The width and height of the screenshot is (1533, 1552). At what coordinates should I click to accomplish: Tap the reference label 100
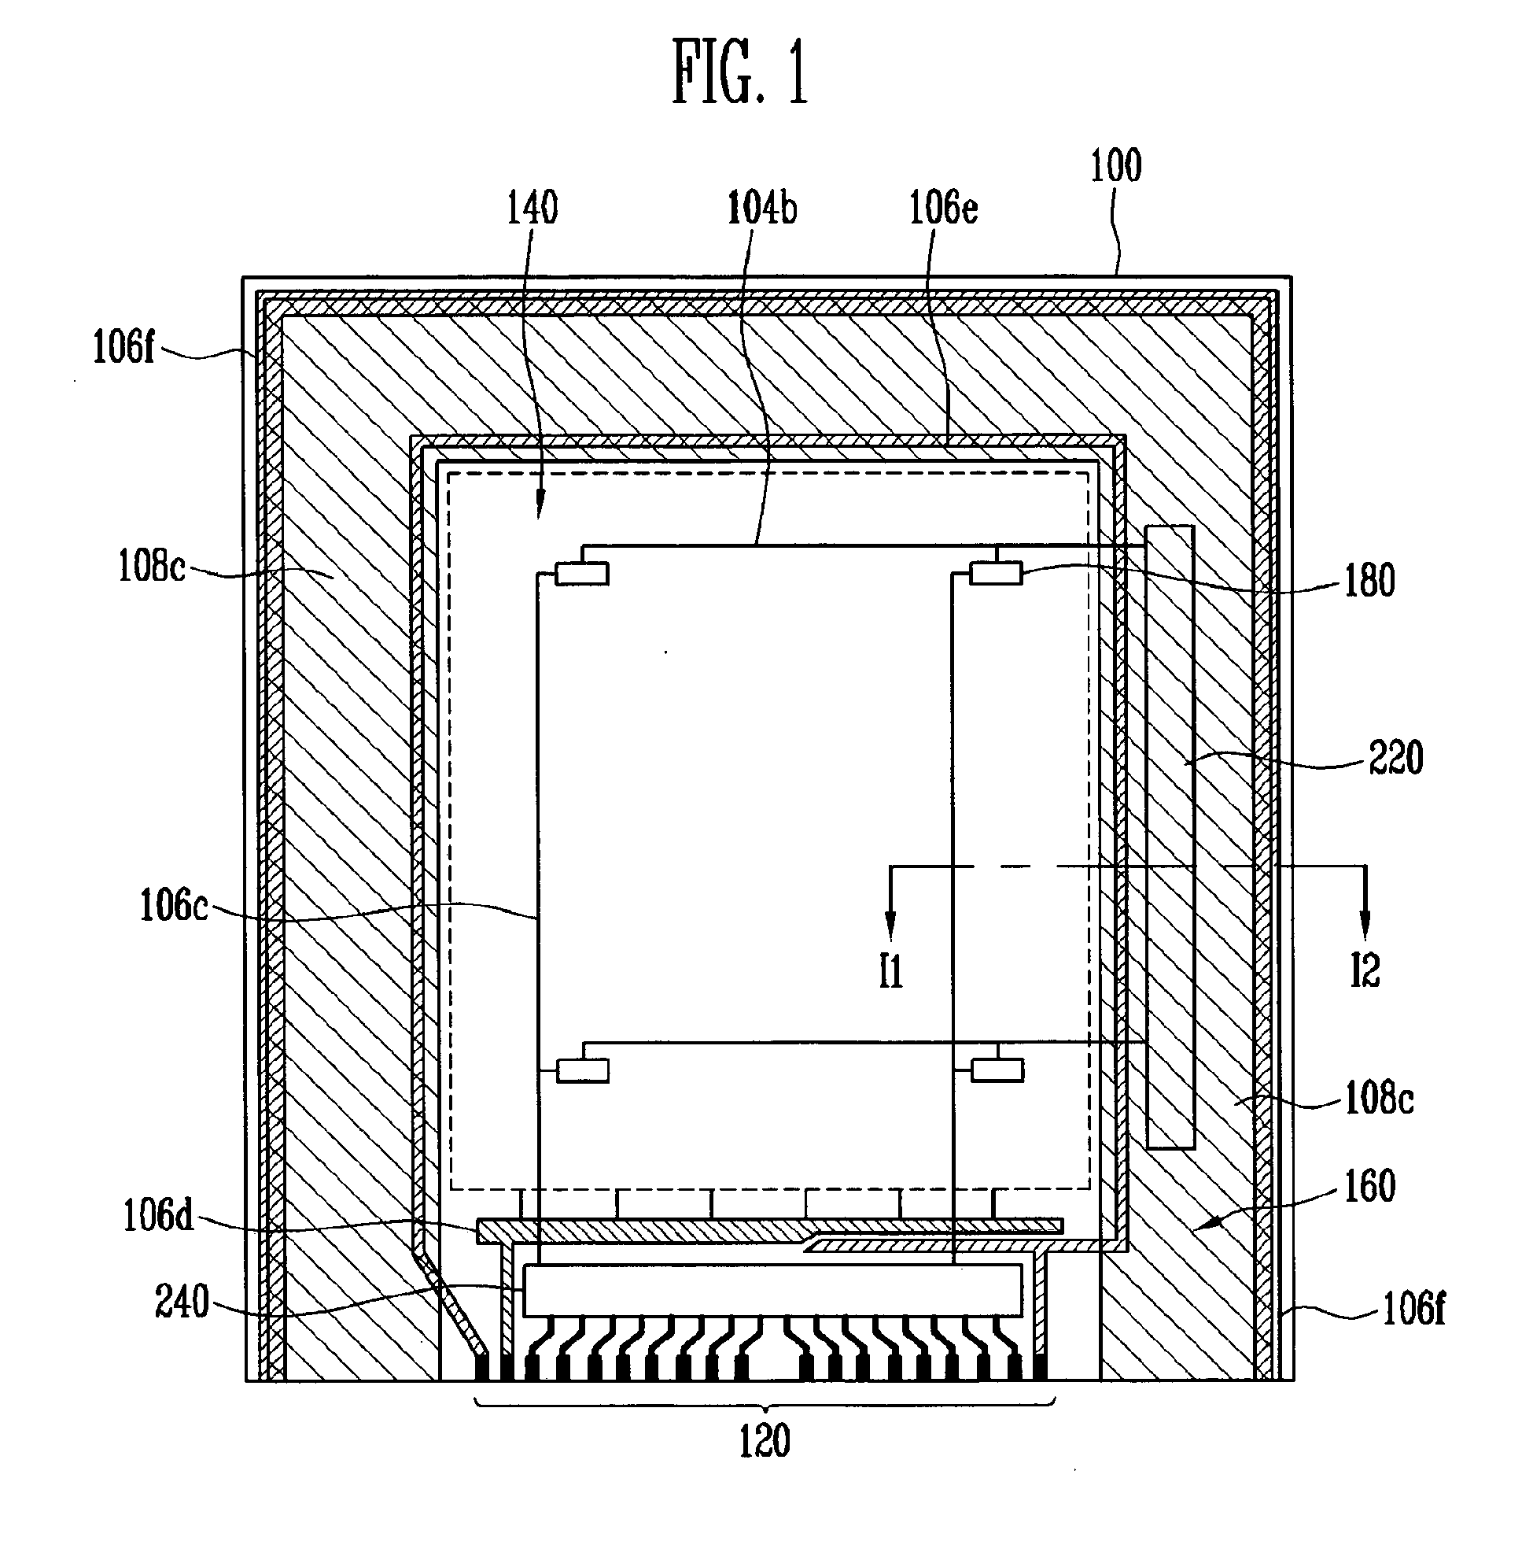point(1115,166)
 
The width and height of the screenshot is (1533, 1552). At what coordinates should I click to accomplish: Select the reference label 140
point(532,208)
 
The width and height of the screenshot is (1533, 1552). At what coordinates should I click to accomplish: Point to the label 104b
point(762,208)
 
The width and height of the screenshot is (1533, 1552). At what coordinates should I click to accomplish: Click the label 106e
point(944,208)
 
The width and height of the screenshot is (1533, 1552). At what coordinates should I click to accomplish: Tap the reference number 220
point(1395,758)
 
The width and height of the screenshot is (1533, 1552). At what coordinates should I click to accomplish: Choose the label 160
point(1370,1186)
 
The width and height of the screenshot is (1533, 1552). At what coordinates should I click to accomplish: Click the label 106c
point(174,906)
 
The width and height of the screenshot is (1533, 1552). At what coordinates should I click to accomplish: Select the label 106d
point(158,1215)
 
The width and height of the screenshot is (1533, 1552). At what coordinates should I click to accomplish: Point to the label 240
point(182,1303)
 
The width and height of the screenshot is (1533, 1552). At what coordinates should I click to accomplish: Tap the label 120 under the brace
point(765,1440)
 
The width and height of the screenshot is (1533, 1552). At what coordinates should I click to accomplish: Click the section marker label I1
point(890,971)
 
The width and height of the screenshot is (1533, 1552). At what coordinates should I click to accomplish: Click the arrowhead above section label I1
point(890,926)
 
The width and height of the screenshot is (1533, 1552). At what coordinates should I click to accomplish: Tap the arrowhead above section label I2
point(1365,926)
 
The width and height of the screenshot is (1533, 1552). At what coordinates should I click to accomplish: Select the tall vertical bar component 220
point(1170,836)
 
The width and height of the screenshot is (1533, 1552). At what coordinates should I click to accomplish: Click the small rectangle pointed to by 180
point(996,574)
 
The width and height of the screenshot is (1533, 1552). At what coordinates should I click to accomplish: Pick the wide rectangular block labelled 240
point(772,1289)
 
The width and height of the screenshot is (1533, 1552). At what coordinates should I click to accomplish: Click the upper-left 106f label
point(123,347)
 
